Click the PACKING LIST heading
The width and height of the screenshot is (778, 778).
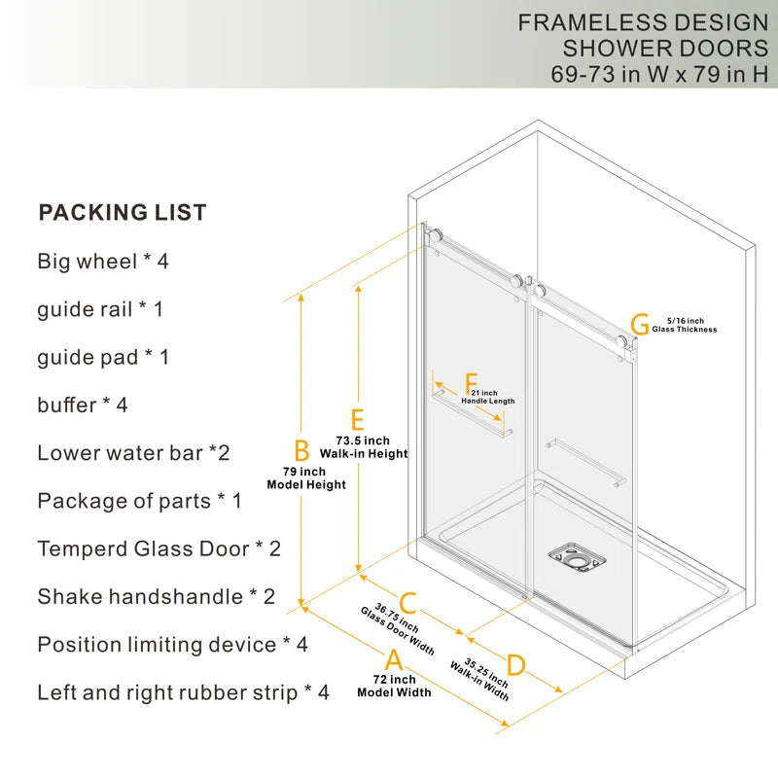tap(123, 212)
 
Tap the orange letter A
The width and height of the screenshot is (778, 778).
tap(394, 660)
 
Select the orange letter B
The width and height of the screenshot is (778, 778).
tap(301, 450)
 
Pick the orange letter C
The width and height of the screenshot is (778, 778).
tap(407, 603)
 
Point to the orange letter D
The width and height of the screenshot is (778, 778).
tap(516, 665)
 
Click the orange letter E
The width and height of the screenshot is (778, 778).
tap(358, 420)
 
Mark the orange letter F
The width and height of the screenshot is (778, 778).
tap(472, 384)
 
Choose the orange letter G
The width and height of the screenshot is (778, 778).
tap(640, 324)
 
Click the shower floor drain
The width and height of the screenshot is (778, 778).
tap(577, 557)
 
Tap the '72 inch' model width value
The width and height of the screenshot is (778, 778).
tap(395, 679)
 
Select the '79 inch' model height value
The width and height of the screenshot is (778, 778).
tap(304, 472)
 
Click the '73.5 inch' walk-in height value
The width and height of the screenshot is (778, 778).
tap(363, 441)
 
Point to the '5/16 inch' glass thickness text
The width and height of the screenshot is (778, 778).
tap(686, 321)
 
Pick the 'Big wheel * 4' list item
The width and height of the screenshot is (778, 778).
tap(103, 262)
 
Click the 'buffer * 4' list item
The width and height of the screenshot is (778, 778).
tap(83, 405)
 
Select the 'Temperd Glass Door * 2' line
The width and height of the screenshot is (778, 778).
tap(159, 548)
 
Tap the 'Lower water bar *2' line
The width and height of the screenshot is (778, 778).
tap(133, 453)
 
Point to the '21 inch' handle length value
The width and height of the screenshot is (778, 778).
tap(484, 393)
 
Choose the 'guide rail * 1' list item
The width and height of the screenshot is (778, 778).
tap(100, 309)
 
